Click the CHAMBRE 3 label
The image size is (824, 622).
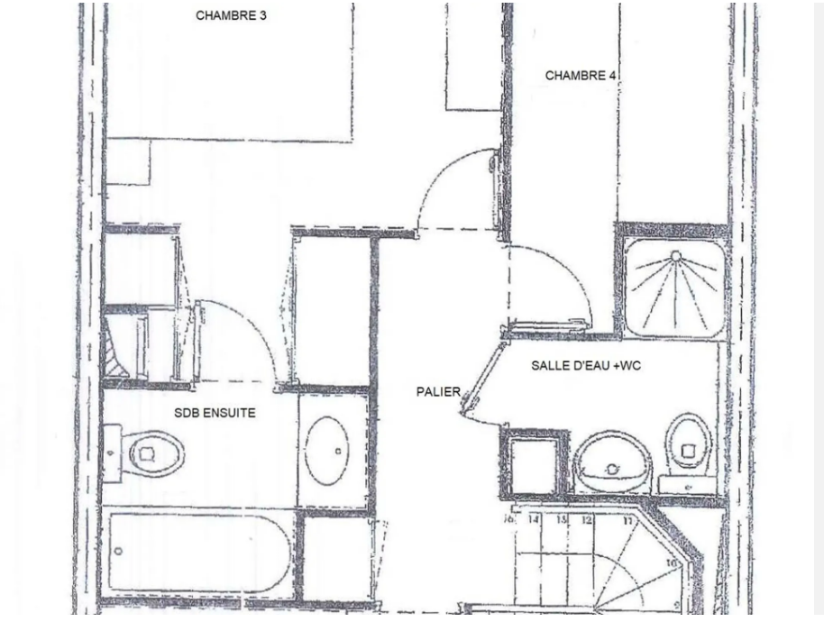[231, 15]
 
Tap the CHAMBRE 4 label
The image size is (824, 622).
[581, 76]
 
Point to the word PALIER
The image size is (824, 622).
[438, 392]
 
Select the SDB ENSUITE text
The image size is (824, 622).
[215, 413]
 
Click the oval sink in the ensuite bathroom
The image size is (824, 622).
[326, 450]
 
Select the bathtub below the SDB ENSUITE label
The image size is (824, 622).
[198, 552]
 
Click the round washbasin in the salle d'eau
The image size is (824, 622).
[613, 462]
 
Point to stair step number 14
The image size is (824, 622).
[534, 520]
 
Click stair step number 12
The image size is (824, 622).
[587, 520]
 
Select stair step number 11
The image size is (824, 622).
[627, 521]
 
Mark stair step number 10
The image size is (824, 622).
[671, 563]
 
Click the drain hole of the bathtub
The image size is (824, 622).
[118, 552]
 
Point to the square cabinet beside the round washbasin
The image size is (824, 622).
[533, 463]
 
